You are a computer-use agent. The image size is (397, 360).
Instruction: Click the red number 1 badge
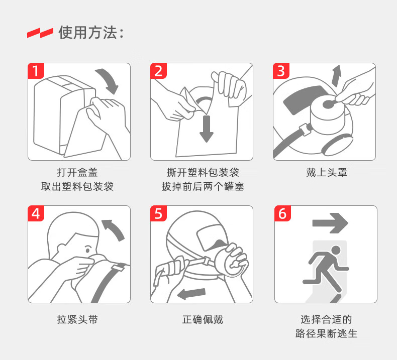click(36, 71)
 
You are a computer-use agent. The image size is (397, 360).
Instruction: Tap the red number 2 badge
click(158, 71)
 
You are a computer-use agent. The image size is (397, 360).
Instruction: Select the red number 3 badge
click(281, 71)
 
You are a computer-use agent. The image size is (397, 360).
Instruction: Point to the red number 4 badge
click(36, 213)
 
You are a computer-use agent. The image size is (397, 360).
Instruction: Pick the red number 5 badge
click(158, 213)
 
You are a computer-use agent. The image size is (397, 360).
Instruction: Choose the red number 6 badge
click(282, 213)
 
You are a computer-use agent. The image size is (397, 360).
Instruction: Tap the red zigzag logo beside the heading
click(40, 33)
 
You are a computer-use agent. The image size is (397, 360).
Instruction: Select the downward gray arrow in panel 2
click(207, 129)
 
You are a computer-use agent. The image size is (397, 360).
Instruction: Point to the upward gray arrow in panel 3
click(337, 75)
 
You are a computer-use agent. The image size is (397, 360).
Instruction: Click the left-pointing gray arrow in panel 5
click(191, 294)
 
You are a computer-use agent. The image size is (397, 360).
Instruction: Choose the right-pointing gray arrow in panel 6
click(330, 223)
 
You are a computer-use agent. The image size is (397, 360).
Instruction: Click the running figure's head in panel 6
click(336, 251)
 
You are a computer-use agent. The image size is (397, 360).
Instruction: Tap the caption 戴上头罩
click(326, 173)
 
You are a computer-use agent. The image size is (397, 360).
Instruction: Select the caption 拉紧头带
click(77, 319)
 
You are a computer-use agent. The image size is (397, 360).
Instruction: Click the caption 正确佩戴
click(203, 319)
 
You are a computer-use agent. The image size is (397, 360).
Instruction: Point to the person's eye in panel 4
click(87, 250)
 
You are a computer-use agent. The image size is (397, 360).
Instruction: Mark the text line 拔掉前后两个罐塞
click(203, 187)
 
